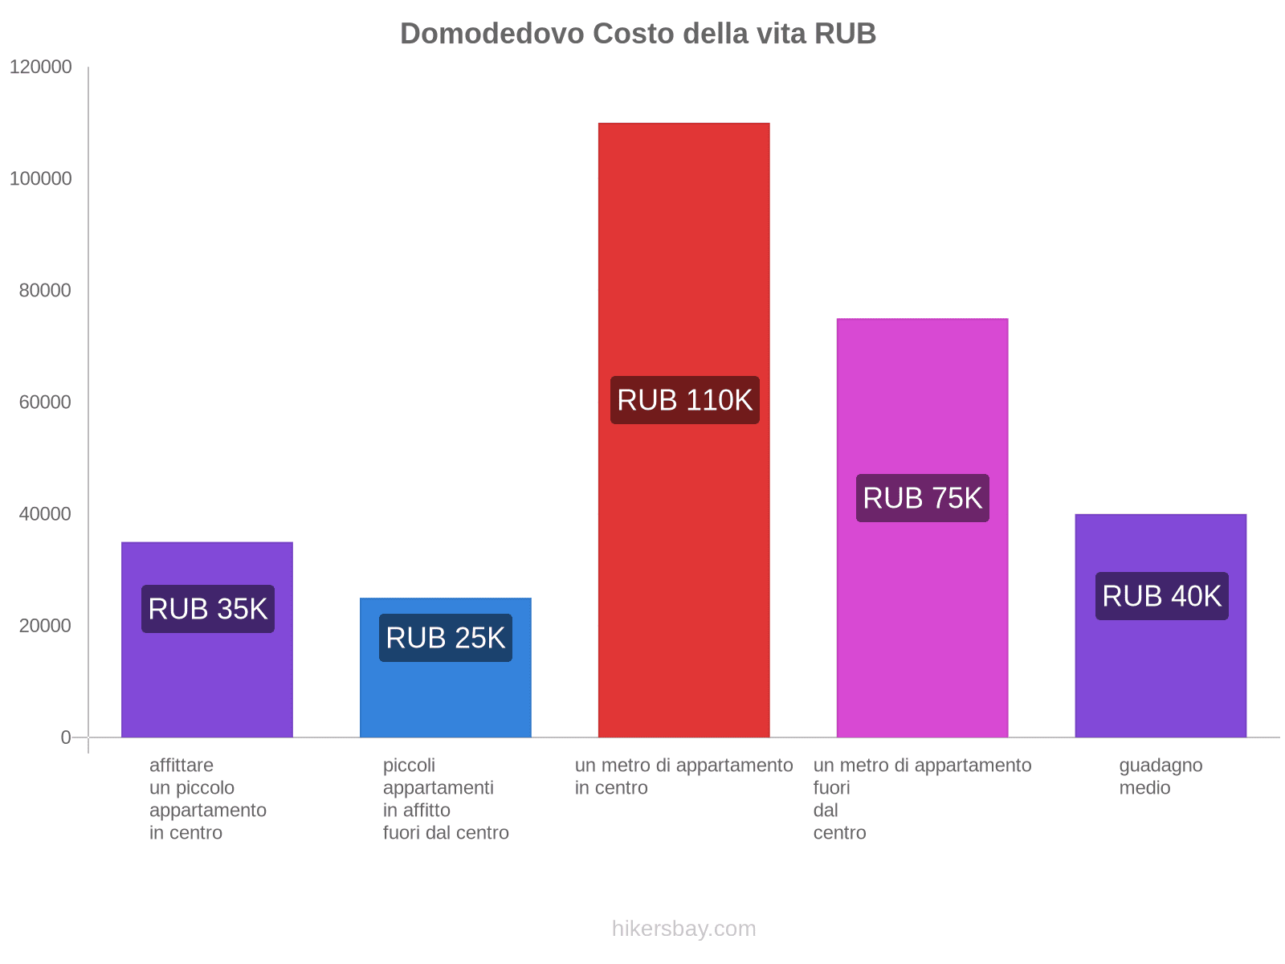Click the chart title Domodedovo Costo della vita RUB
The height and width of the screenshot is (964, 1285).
pos(638,34)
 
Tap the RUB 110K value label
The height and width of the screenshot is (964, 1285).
pos(684,400)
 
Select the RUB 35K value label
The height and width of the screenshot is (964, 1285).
pos(207,609)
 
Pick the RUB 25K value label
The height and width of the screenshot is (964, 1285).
pos(445,638)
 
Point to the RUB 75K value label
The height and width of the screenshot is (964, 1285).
pos(922,498)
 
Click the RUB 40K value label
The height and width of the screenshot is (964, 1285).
pos(1161,596)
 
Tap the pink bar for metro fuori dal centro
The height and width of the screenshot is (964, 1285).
pos(922,402)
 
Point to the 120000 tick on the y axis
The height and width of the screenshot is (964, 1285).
pos(41,67)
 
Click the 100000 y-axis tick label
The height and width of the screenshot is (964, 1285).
pos(41,179)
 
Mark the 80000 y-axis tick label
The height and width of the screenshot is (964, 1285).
pos(46,291)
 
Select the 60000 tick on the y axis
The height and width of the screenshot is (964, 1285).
pos(46,402)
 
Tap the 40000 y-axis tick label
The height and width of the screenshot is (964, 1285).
pos(46,514)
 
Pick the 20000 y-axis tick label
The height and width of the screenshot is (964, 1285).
pos(46,626)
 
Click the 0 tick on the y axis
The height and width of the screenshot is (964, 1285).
pos(66,737)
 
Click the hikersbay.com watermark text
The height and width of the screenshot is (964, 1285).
pos(683,929)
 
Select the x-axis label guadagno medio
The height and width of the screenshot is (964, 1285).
pos(1161,776)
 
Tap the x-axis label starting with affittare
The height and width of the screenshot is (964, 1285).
pos(207,799)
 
